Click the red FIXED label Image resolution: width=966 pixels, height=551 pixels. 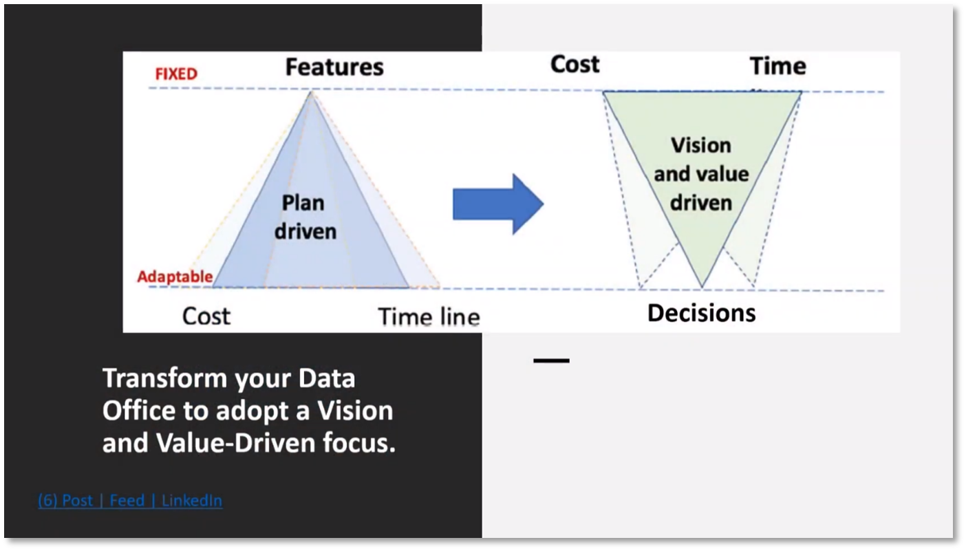[176, 74]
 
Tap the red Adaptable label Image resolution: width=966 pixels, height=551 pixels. [175, 277]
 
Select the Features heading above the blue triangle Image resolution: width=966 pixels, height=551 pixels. [334, 67]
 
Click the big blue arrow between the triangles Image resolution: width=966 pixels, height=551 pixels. [498, 204]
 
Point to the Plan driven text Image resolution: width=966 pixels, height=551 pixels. [305, 217]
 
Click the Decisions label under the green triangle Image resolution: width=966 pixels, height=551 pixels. [702, 312]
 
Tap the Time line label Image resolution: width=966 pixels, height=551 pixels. [429, 317]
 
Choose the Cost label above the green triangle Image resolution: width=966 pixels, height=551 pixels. [575, 64]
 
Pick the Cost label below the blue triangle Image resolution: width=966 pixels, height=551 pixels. [206, 316]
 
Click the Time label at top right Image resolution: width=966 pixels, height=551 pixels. [778, 66]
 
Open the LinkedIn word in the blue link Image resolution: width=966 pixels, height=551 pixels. [192, 501]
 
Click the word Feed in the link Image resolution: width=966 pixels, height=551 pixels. [127, 501]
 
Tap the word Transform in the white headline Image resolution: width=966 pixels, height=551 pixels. [164, 378]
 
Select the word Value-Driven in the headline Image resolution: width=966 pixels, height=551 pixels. [236, 443]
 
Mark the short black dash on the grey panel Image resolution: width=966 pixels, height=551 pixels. [551, 360]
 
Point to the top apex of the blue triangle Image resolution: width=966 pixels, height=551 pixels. [311, 91]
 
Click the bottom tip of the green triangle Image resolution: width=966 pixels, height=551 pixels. [702, 287]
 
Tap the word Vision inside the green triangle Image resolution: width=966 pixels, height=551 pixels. [701, 145]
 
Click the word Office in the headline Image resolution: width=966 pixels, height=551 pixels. [139, 411]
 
